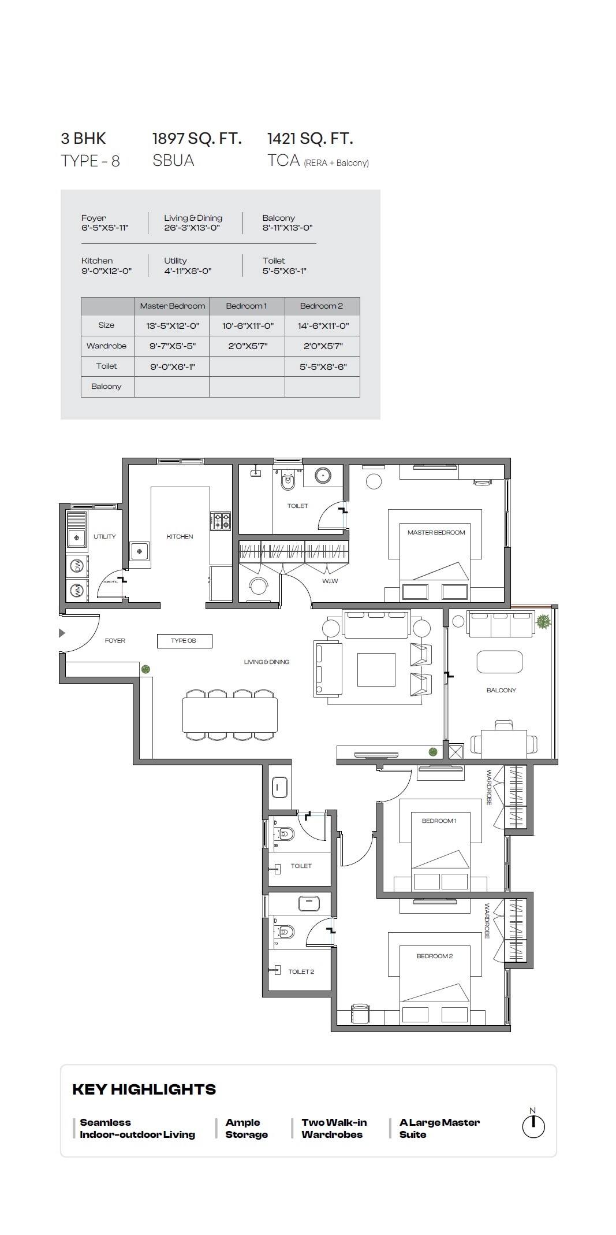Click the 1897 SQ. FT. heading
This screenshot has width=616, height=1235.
(x=196, y=139)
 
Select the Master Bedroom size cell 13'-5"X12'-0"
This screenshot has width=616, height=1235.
(x=172, y=326)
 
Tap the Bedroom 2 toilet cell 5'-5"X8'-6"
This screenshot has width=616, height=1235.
(x=323, y=366)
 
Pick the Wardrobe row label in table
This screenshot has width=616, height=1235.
(x=107, y=346)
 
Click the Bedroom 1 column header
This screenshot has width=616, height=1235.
(x=247, y=306)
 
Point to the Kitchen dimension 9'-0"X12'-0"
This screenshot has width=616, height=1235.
(x=106, y=271)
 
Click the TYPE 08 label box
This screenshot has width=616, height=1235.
(x=184, y=640)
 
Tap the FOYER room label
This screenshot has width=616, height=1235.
(x=115, y=640)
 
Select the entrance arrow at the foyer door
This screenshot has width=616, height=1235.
(x=62, y=633)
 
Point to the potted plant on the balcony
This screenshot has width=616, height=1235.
(x=543, y=622)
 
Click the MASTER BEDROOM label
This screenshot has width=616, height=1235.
(x=436, y=532)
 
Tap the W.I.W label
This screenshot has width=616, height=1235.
(x=330, y=581)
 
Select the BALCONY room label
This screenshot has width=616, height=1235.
(x=501, y=690)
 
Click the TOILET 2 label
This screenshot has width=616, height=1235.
(x=301, y=971)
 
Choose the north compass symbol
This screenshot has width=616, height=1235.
(x=533, y=1126)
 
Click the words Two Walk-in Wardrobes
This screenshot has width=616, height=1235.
(x=333, y=1128)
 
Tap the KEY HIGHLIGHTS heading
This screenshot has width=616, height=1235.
(x=144, y=1090)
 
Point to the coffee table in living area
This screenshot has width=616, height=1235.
(x=376, y=669)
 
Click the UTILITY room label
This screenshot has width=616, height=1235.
(x=104, y=536)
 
